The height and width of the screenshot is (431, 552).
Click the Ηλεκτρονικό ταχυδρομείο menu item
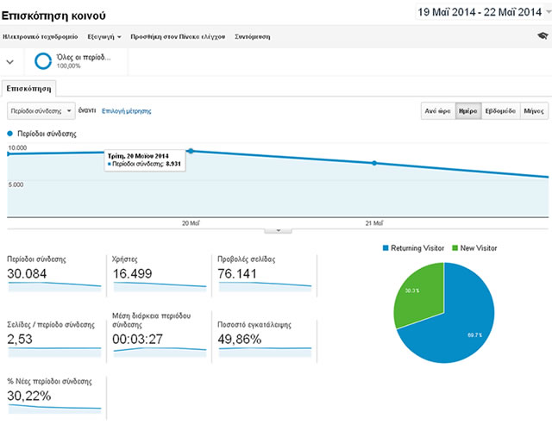pyautogui.click(x=41, y=37)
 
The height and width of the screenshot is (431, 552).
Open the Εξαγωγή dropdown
pyautogui.click(x=104, y=37)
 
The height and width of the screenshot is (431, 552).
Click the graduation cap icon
pyautogui.click(x=541, y=36)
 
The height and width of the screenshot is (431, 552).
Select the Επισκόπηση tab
pyautogui.click(x=30, y=88)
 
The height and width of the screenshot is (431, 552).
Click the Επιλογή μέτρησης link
pyautogui.click(x=127, y=111)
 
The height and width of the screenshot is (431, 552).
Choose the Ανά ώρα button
pyautogui.click(x=437, y=111)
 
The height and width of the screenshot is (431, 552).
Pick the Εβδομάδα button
pyautogui.click(x=500, y=111)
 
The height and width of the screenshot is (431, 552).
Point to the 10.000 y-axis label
pyautogui.click(x=17, y=148)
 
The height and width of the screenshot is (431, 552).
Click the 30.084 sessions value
pyautogui.click(x=27, y=274)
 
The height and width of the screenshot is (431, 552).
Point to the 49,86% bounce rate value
pyautogui.click(x=244, y=340)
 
